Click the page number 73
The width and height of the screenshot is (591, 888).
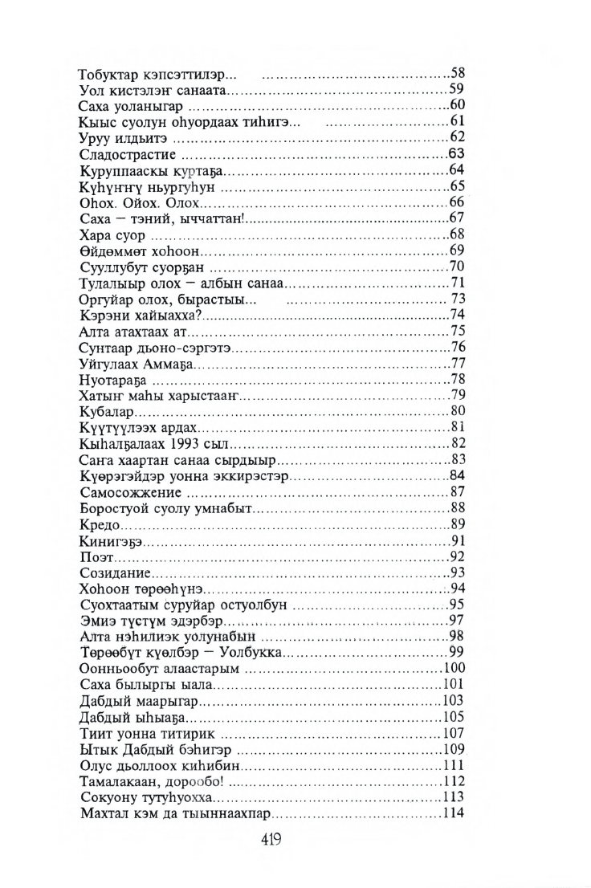[x=458, y=299]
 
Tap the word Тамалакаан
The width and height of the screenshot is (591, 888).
[x=119, y=782]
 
